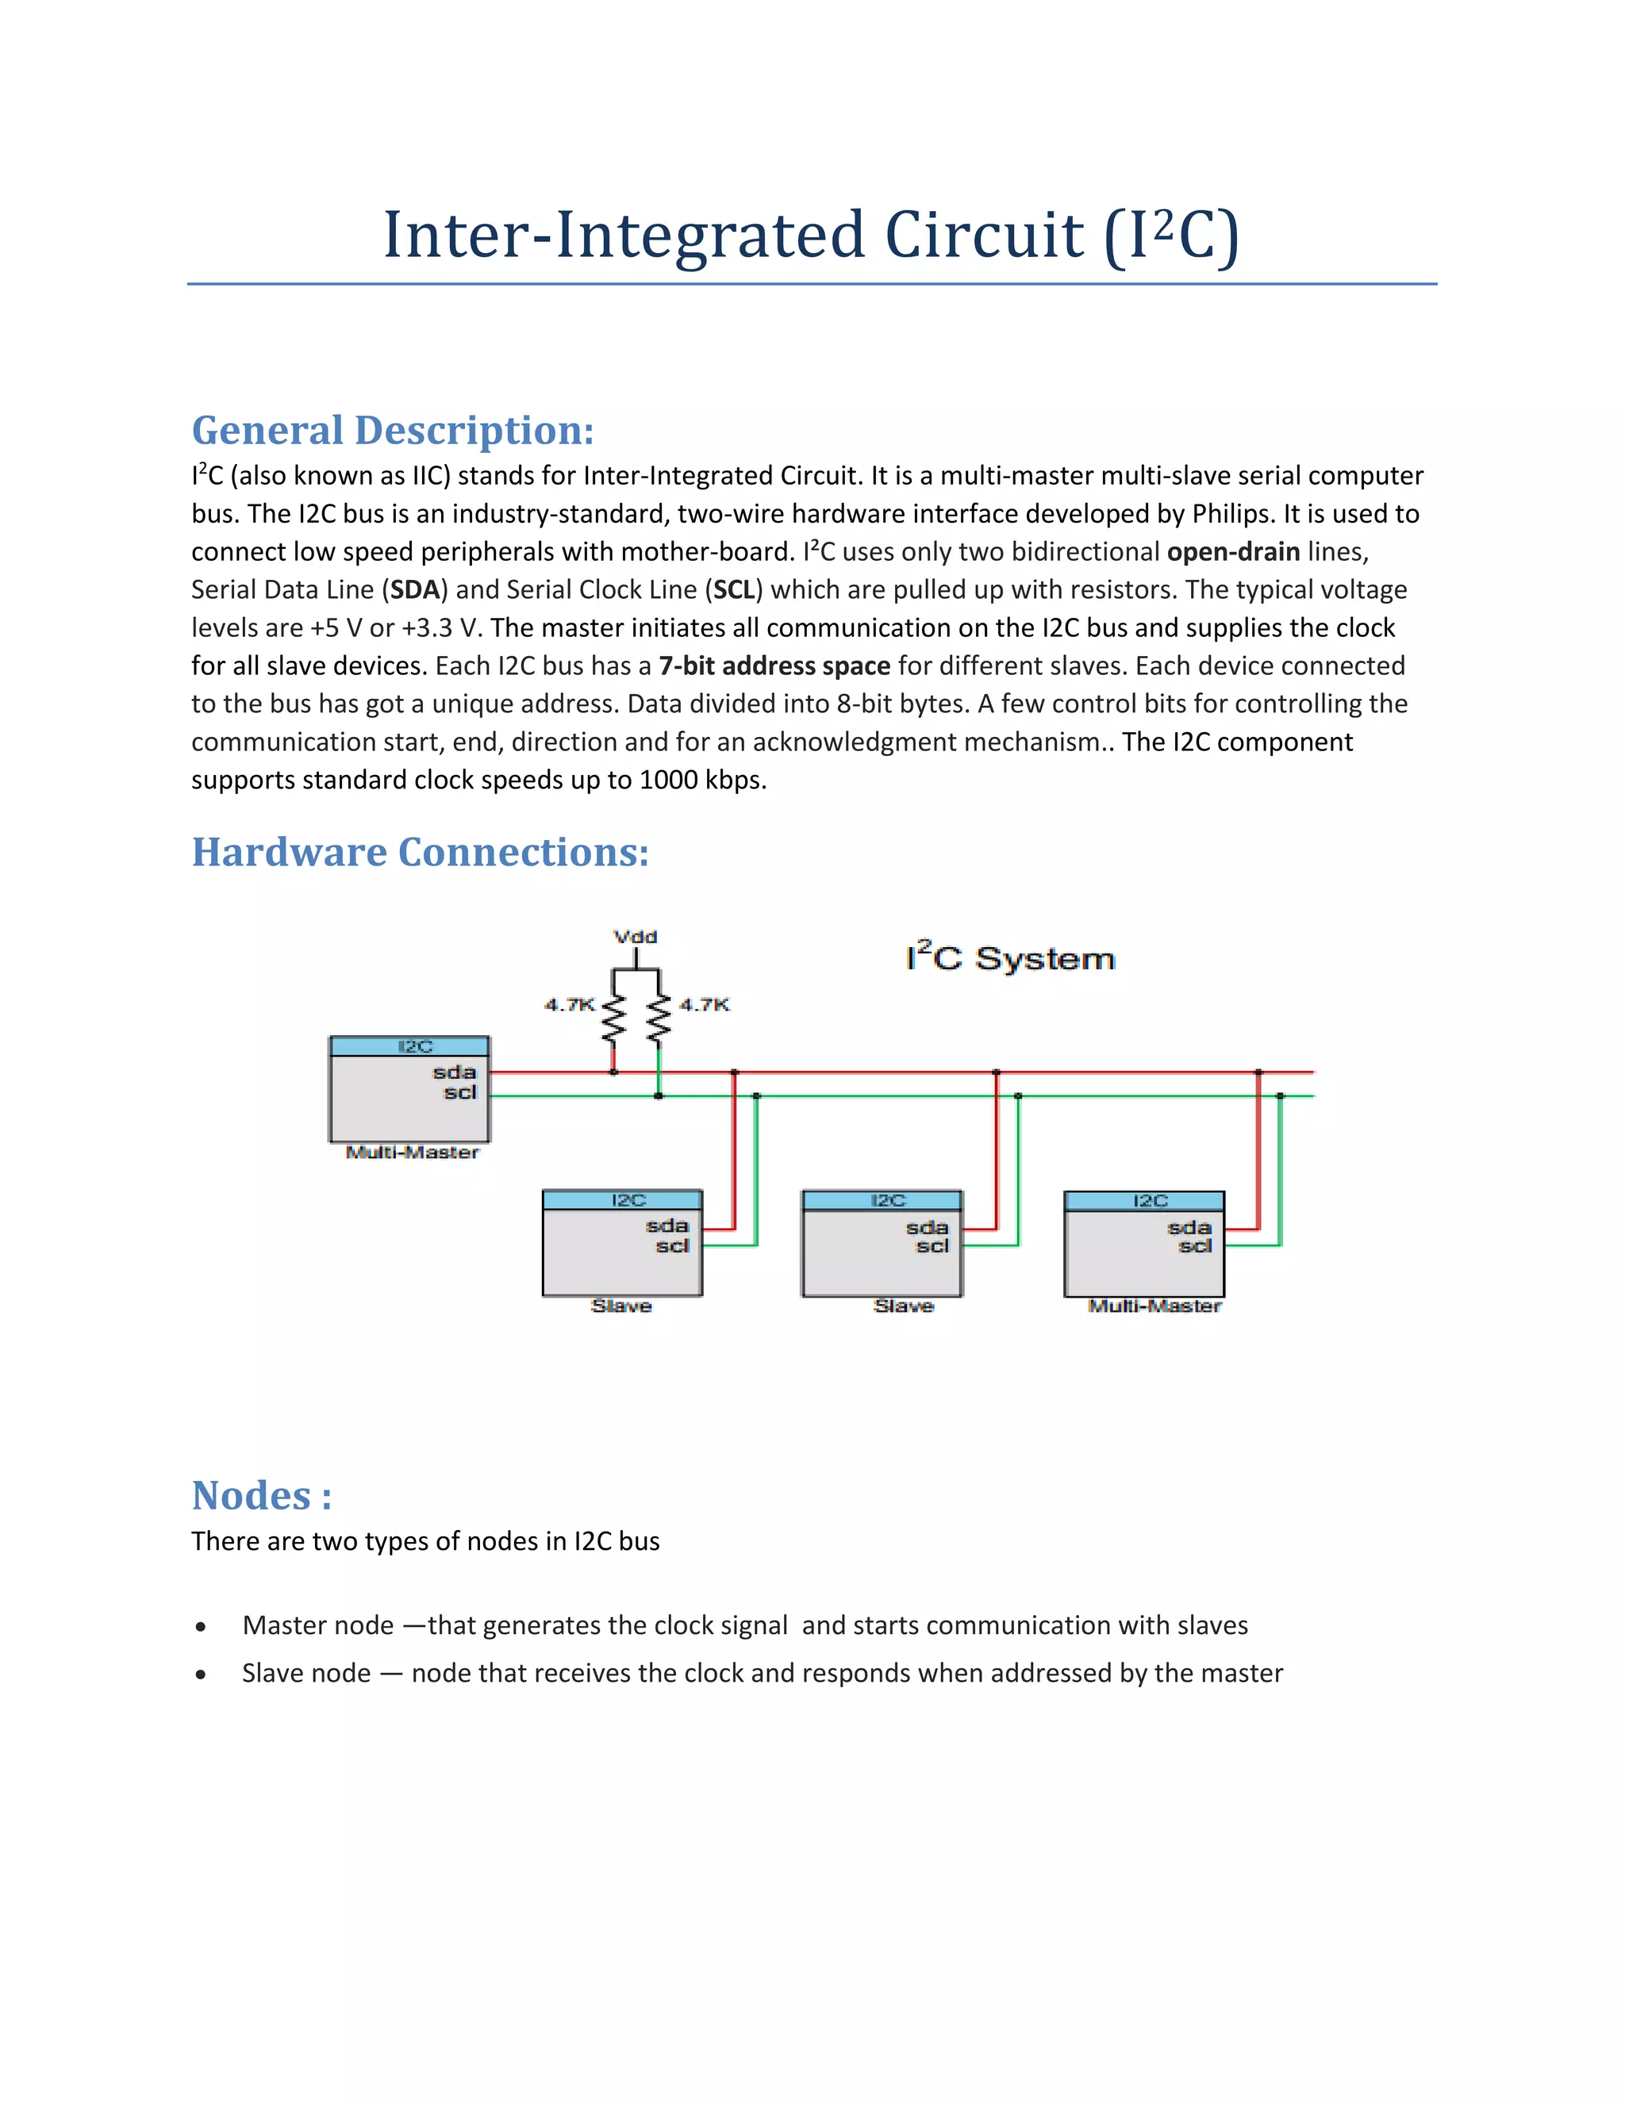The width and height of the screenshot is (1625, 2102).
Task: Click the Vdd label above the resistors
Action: [x=635, y=937]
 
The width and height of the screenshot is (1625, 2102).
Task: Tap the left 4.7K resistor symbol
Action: [x=613, y=1019]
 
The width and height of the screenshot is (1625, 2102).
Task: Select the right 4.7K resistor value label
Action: [x=705, y=1005]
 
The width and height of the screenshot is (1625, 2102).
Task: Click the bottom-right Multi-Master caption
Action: [x=1154, y=1306]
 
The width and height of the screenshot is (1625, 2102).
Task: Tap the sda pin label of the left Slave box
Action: [x=667, y=1226]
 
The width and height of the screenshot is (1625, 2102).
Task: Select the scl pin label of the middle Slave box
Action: [x=932, y=1246]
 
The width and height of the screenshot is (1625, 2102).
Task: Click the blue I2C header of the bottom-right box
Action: [x=1143, y=1200]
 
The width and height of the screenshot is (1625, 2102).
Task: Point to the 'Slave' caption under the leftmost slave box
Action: [x=621, y=1306]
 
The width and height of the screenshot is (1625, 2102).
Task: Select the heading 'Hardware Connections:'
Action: [x=420, y=853]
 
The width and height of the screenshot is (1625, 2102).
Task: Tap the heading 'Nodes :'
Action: [x=261, y=1496]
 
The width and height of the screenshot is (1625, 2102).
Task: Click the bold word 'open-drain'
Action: [x=1232, y=551]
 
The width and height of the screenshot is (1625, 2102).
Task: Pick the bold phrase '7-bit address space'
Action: [x=774, y=666]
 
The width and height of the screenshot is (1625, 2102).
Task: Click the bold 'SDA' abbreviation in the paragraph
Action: [x=415, y=590]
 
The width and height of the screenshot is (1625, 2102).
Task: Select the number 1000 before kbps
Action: [x=668, y=780]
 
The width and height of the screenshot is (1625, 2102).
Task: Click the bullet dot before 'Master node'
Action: [x=200, y=1628]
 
